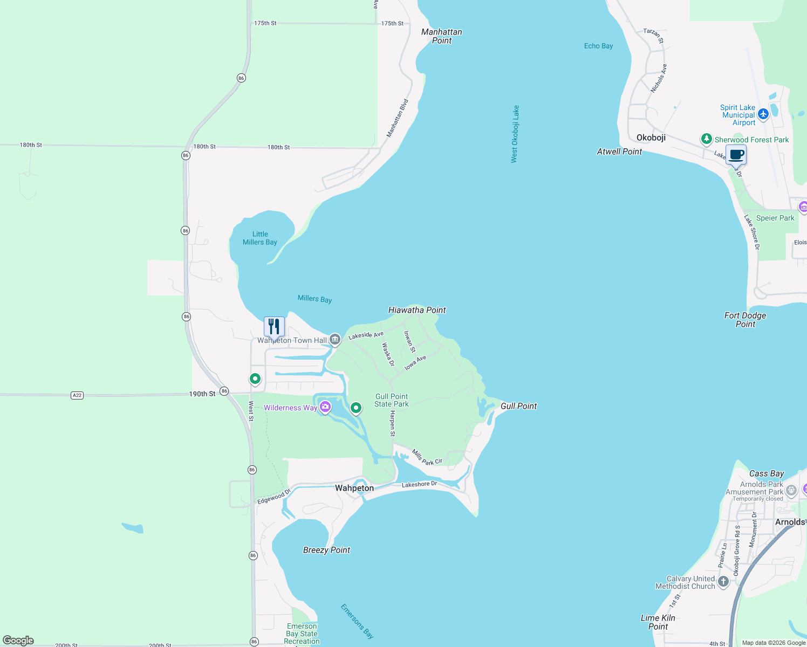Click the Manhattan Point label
(x=441, y=36)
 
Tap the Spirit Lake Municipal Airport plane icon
(x=763, y=114)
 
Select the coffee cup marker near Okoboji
(x=736, y=155)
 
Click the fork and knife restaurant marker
(x=274, y=327)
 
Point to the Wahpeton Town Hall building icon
(x=335, y=340)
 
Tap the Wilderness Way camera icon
(x=325, y=407)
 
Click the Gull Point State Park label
(x=392, y=400)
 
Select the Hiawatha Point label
(x=417, y=310)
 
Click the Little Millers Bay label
(x=260, y=238)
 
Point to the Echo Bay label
(x=598, y=46)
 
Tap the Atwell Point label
(x=619, y=152)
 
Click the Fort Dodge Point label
(x=745, y=320)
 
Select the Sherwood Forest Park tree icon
(x=706, y=139)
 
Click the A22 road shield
(x=77, y=395)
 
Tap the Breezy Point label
(x=326, y=550)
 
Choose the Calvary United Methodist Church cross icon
(x=723, y=582)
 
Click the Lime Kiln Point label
(x=658, y=622)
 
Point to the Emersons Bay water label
(x=357, y=621)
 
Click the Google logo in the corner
(x=18, y=641)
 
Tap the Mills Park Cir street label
(x=427, y=458)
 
